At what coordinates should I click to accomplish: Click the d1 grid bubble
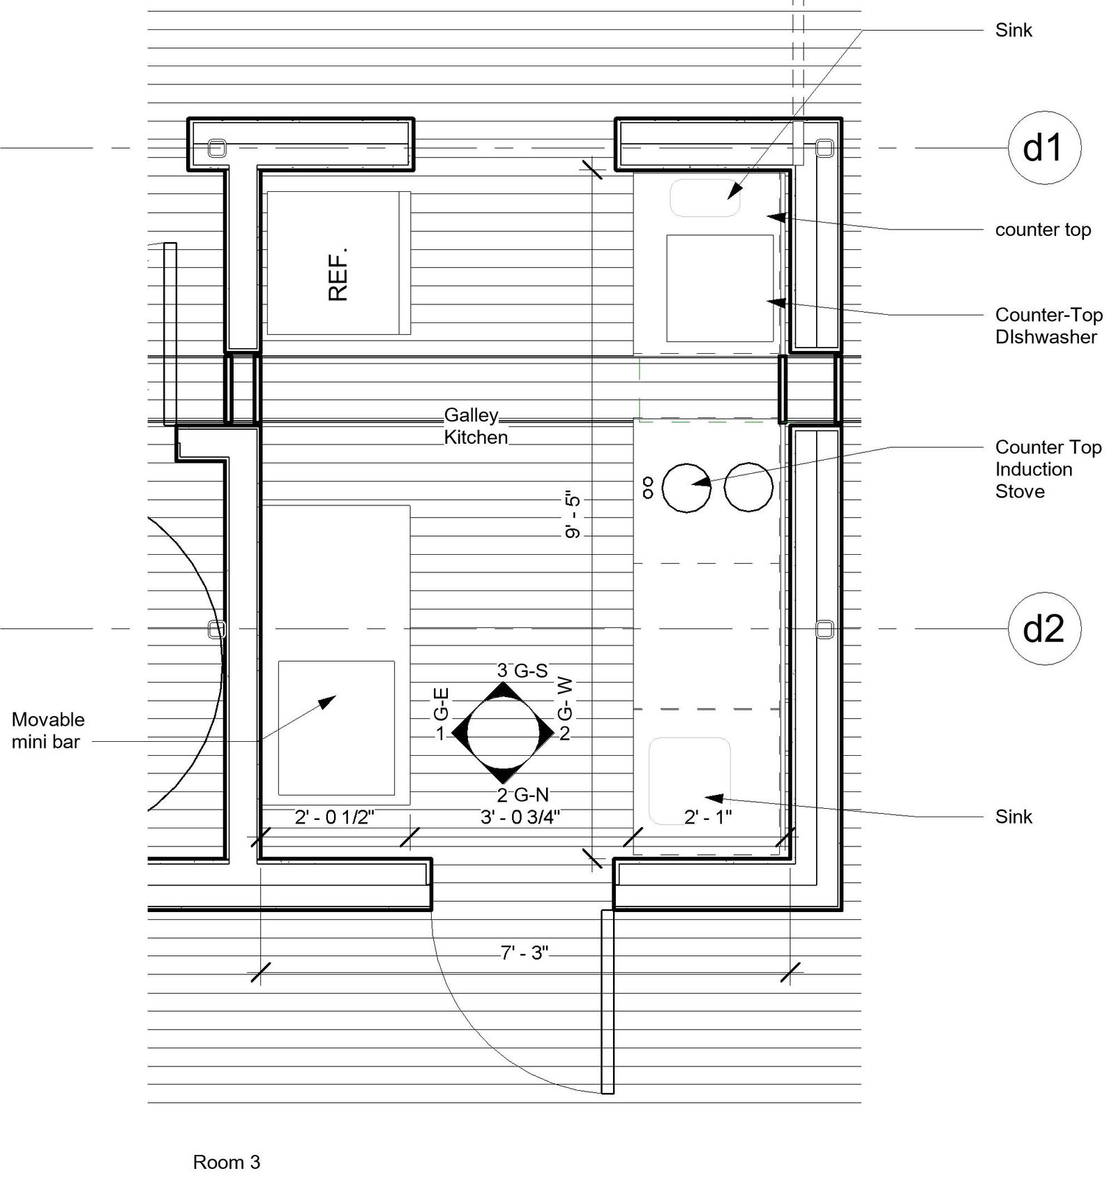coord(1043,148)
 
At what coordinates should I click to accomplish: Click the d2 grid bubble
coord(1043,629)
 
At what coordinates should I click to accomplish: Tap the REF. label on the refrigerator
coord(338,274)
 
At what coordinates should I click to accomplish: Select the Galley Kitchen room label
coord(476,426)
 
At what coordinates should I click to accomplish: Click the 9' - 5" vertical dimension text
coord(573,516)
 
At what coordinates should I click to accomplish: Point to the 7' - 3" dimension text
coord(525,953)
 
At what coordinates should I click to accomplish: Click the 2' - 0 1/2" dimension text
coord(335,817)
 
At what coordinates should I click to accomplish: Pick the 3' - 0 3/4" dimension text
coord(520,817)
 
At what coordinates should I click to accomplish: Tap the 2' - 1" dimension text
coord(707,817)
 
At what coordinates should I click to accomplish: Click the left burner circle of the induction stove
coord(686,488)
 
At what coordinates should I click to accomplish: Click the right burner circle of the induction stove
coord(748,486)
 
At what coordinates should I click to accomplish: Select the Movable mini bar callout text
coord(47,731)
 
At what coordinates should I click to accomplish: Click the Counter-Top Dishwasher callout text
coord(1048,326)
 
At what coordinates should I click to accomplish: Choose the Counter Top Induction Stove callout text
coord(1048,469)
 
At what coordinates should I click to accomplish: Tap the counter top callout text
coord(1042,230)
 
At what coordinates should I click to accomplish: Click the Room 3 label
coord(226,1162)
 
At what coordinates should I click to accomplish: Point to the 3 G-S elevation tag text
coord(522,671)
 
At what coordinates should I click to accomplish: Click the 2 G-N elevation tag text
coord(522,795)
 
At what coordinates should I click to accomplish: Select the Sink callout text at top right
coord(1013,30)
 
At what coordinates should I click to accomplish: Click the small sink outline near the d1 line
coord(704,198)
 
